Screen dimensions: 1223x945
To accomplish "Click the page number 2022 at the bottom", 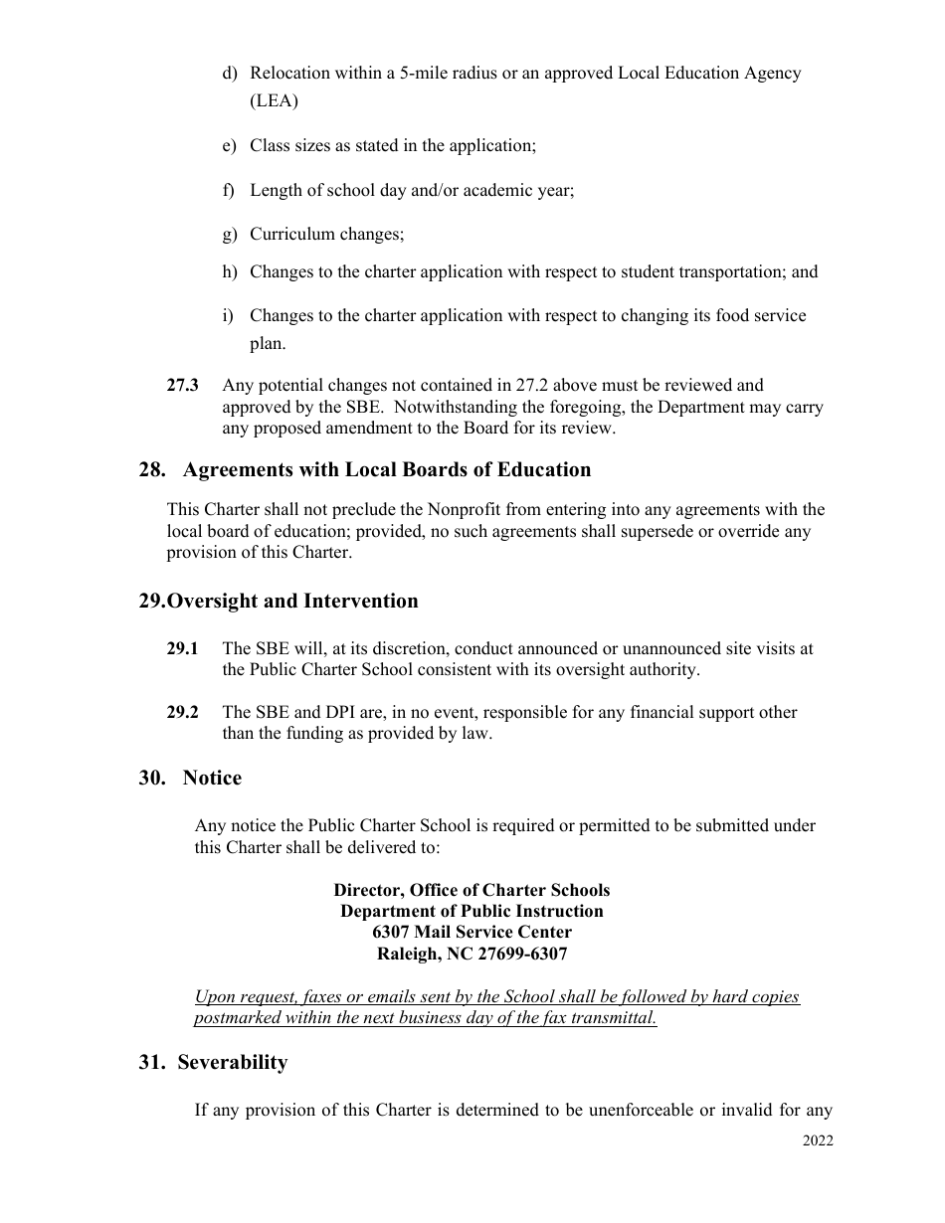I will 818,1140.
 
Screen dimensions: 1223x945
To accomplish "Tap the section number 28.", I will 151,470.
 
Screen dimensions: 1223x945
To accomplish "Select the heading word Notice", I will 212,779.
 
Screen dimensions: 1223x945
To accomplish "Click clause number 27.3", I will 182,385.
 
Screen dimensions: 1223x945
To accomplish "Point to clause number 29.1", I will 182,648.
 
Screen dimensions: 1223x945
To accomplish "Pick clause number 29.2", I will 182,712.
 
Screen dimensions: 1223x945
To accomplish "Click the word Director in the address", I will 364,890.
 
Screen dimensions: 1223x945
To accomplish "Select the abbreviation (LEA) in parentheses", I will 274,101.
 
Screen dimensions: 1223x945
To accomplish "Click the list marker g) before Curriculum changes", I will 229,235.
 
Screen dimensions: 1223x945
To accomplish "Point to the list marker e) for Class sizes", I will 229,146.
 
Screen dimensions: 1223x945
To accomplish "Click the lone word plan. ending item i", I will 268,344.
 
